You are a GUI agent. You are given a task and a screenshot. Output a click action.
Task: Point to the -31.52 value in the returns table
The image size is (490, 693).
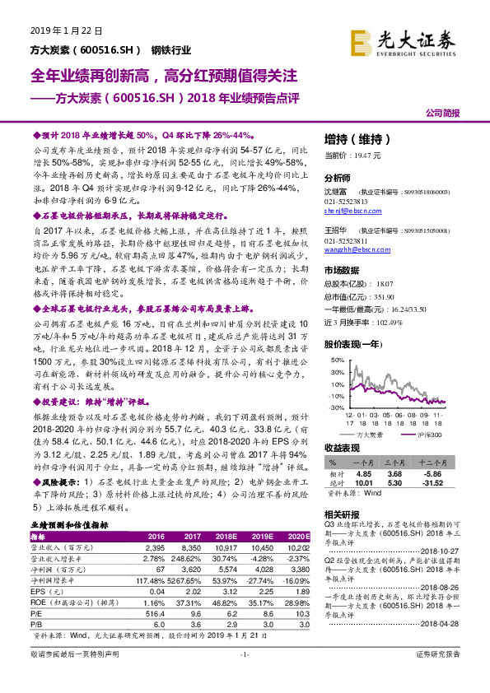point(429,483)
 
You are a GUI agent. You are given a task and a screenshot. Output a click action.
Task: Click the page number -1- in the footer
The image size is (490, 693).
point(244,677)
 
